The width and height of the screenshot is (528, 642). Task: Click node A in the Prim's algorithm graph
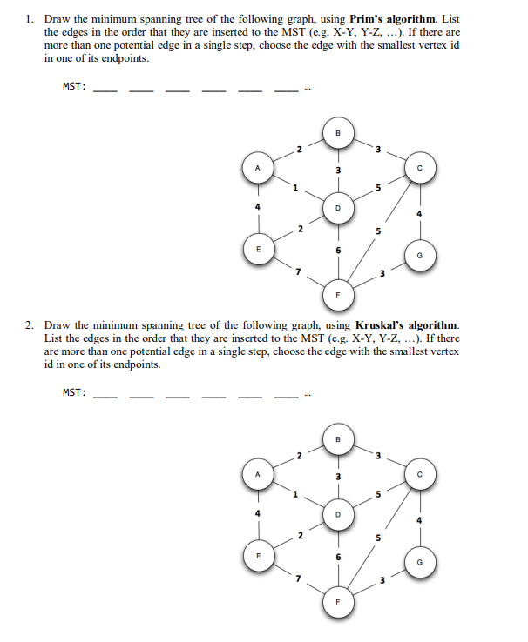[x=257, y=169]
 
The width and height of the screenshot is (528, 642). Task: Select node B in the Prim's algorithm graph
[x=339, y=134]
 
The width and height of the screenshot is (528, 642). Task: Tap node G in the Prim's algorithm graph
[x=420, y=256]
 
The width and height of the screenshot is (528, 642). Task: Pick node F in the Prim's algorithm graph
[x=339, y=295]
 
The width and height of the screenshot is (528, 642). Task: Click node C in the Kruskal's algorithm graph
[x=420, y=473]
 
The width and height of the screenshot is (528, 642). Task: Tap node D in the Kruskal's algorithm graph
[x=339, y=514]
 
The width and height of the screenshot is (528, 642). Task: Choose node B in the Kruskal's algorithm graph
[x=339, y=439]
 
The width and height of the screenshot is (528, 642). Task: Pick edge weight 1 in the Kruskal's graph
[x=295, y=495]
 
